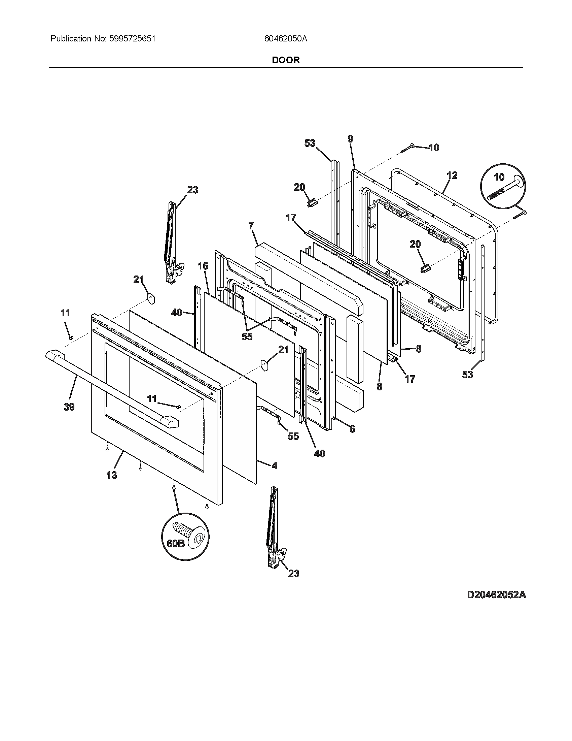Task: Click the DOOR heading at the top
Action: pos(286,60)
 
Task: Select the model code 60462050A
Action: pos(286,39)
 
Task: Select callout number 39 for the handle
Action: pos(69,407)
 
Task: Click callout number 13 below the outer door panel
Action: pos(111,475)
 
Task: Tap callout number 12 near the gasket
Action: pos(452,175)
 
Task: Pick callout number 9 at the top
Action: pos(350,139)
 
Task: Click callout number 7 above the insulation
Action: pos(251,226)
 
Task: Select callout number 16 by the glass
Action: pos(203,266)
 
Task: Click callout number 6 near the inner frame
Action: pos(352,429)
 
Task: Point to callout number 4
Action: pos(274,466)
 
